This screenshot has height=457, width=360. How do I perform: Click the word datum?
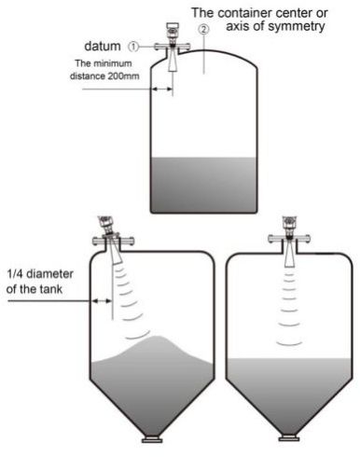pyautogui.click(x=104, y=45)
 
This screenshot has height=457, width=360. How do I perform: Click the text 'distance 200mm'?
pyautogui.click(x=105, y=76)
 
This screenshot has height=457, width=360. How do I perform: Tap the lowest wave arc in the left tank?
pyautogui.click(x=140, y=333)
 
